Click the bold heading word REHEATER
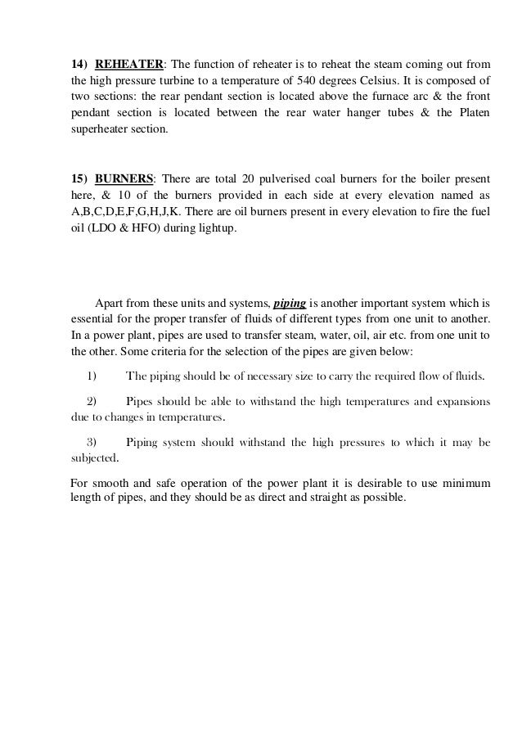130,64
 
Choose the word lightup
213,227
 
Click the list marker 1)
92,376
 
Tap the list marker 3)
92,444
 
